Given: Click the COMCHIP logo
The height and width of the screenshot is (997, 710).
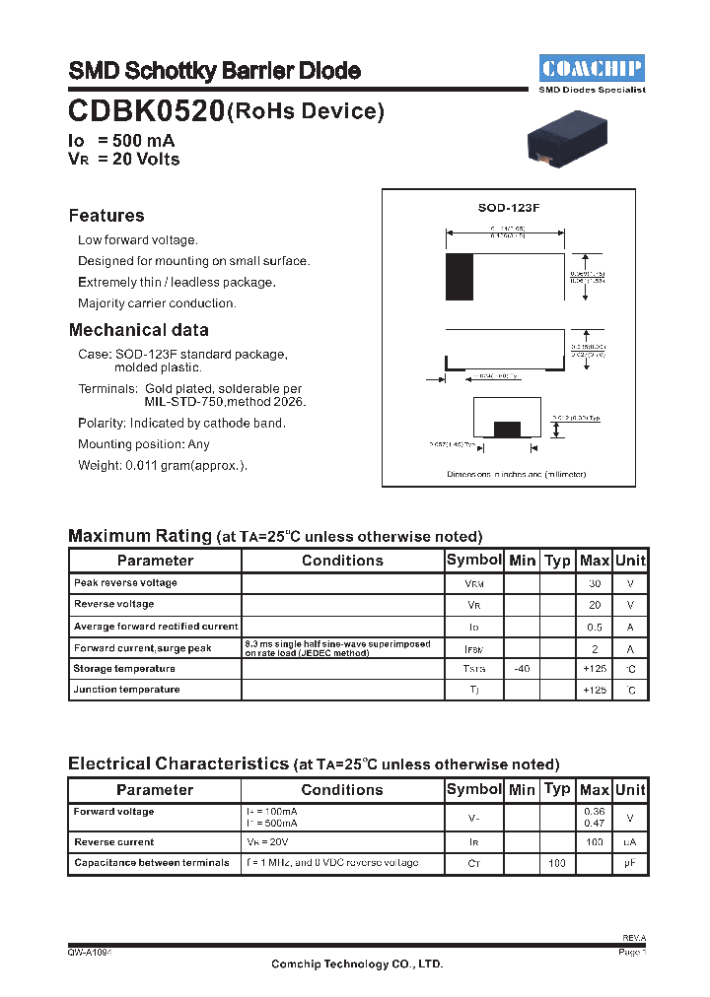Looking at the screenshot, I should pos(592,68).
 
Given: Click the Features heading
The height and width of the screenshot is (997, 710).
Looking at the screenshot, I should pos(106,216).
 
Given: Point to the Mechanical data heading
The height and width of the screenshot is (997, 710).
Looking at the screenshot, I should pos(139,330).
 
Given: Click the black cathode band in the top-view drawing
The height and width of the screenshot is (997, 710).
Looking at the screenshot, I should pos(459,270).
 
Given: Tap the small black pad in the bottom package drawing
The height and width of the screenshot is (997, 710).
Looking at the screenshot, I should pos(506,429).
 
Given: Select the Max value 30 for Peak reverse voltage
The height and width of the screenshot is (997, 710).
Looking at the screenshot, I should pos(595,583).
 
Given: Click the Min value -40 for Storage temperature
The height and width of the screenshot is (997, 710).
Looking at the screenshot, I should pos(522,669).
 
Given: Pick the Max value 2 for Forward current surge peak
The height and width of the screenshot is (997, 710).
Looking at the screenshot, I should pos(595,648).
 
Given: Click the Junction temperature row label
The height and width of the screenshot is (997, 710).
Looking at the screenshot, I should pos(126,690).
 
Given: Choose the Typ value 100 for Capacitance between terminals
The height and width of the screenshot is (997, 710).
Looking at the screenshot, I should pos(557,863).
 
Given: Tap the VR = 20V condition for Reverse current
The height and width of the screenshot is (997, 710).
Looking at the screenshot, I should pos(267,842).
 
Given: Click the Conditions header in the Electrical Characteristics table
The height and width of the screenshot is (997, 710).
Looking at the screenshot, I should pos(342,790).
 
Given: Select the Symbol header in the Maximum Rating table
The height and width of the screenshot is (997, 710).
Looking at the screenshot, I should pos(474,560).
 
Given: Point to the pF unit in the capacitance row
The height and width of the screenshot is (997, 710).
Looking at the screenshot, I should pos(630,863).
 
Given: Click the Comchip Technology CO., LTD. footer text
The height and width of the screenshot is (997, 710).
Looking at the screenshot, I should pos(357,964).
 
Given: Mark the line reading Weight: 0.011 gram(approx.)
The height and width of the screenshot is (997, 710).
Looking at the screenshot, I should pos(163,466).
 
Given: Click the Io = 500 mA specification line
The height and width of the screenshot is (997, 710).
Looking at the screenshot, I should pos(121,141).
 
